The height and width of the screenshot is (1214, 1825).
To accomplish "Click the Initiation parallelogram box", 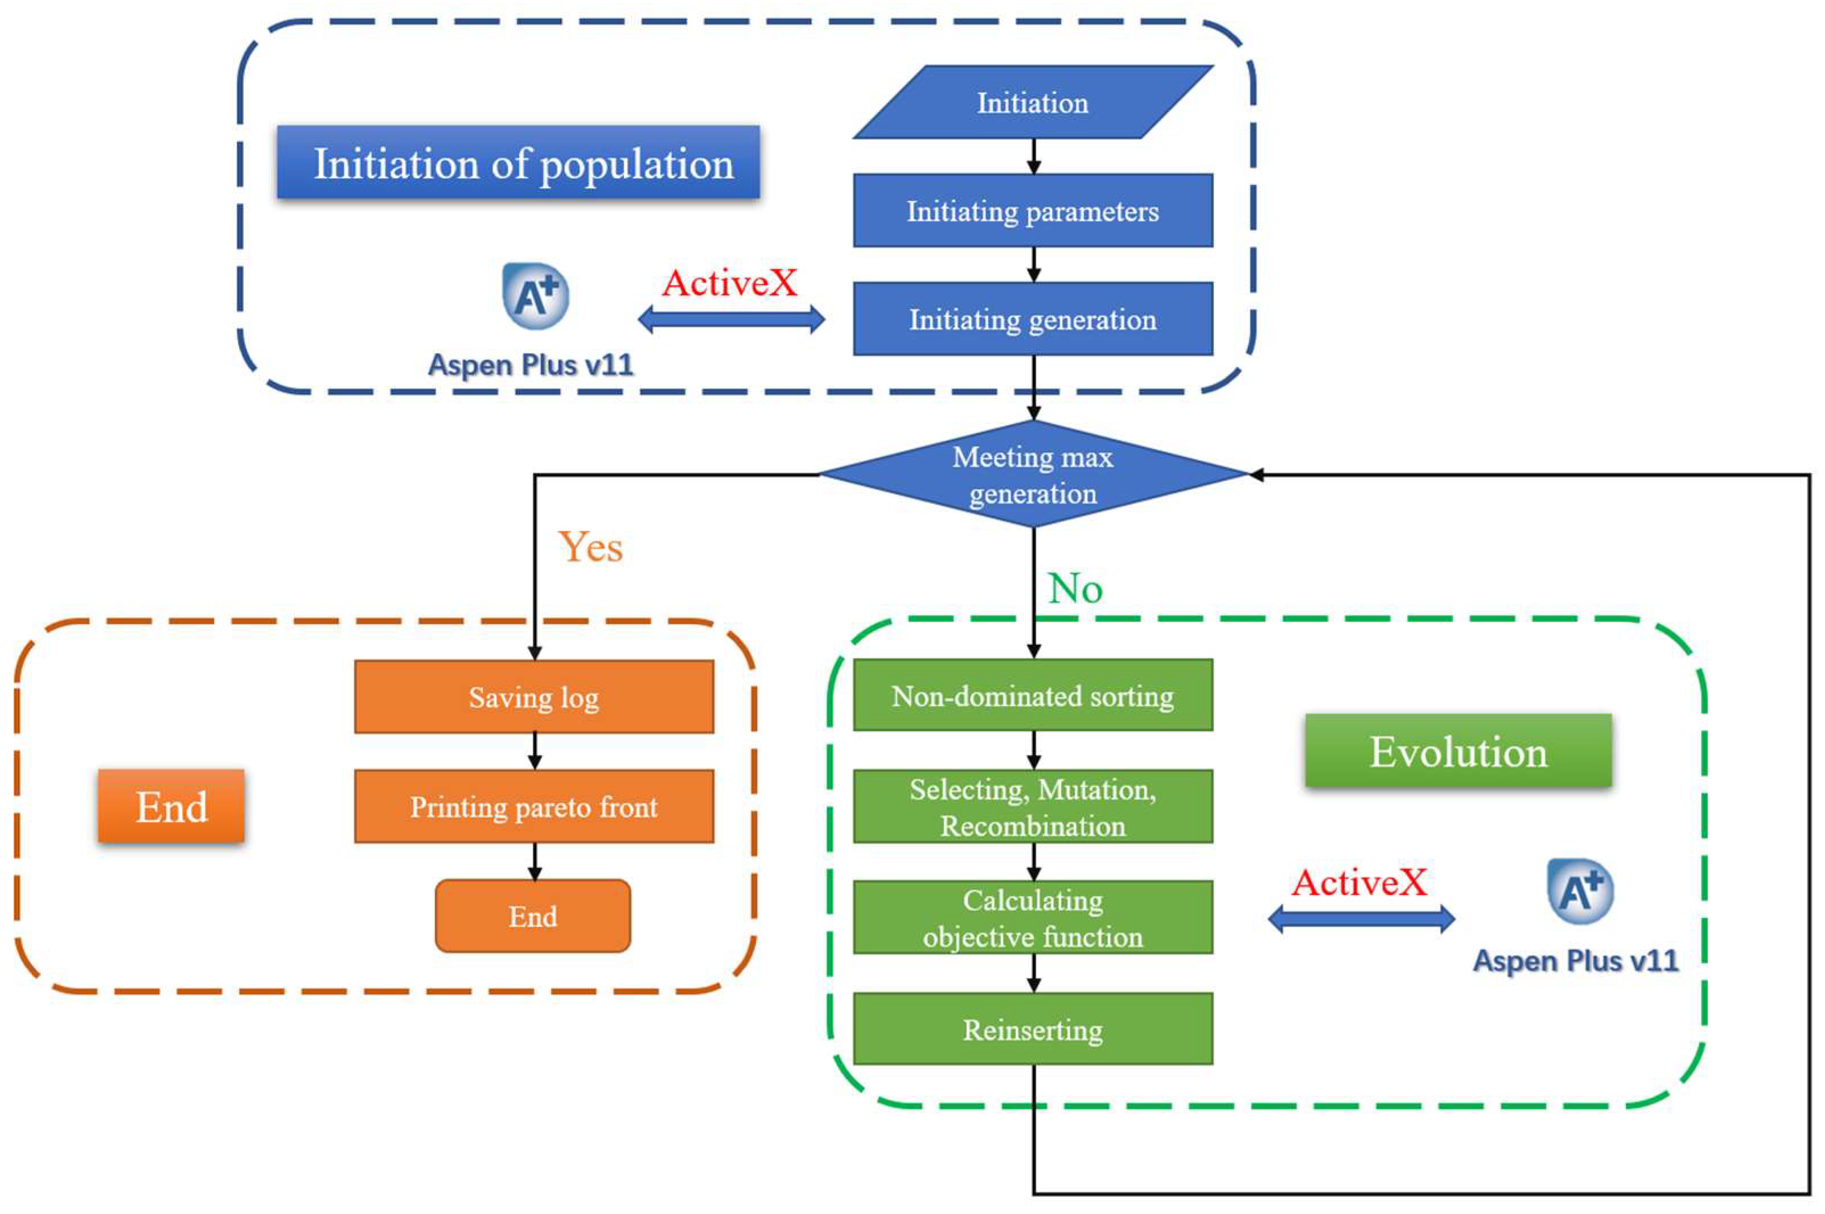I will [1033, 102].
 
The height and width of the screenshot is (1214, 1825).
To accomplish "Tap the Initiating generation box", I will [1033, 319].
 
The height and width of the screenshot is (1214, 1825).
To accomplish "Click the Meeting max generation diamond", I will [1033, 474].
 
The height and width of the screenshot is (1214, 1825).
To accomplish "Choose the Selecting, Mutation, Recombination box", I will [1033, 806].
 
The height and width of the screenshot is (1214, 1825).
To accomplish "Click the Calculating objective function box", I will [1033, 918].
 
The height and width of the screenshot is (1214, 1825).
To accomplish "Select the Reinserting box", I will [1033, 1029].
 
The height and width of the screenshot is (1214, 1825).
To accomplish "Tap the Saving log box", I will [534, 697].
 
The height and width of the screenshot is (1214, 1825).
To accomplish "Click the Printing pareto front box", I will [534, 806].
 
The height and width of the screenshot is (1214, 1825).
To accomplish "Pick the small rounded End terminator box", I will [533, 916].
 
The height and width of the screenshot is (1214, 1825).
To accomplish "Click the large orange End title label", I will [171, 806].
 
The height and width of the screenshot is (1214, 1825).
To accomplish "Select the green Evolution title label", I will [1458, 751].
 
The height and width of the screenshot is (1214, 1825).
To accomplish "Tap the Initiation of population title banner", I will [518, 163].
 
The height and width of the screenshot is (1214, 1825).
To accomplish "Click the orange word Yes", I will [590, 547].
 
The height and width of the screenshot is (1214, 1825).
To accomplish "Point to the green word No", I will [1074, 588].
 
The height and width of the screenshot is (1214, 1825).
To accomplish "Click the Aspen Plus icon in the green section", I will [1580, 890].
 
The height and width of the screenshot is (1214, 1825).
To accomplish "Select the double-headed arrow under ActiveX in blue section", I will [730, 319].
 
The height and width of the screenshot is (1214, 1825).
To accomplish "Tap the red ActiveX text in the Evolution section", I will [1359, 882].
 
